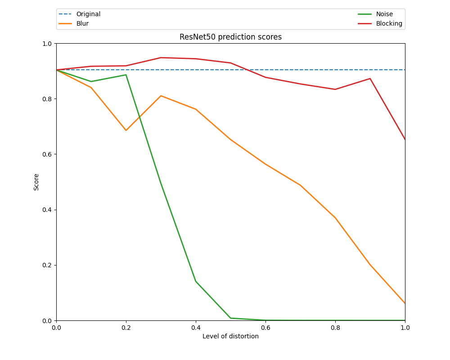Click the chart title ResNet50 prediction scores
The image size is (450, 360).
[230, 37]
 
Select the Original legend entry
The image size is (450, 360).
[88, 14]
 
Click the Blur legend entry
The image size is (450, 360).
[82, 23]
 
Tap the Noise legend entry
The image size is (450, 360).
[384, 14]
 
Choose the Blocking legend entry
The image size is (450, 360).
[389, 23]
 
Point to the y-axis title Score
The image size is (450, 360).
[36, 182]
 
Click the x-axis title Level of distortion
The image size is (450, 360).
[230, 336]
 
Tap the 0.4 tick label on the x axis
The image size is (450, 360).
[196, 328]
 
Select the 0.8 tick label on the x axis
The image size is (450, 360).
[335, 328]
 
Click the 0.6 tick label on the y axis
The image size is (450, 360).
[47, 154]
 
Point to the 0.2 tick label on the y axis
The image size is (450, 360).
[47, 265]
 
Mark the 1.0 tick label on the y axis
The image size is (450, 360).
[47, 44]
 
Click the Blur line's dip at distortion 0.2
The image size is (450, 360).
[126, 130]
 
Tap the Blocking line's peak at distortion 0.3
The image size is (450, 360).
[161, 58]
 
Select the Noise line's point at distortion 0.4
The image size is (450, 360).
[196, 281]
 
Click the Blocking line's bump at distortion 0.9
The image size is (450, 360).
[370, 79]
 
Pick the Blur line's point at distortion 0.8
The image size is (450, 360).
[335, 218]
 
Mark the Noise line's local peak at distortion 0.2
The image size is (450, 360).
[126, 75]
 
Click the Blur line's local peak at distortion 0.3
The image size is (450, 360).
[161, 95]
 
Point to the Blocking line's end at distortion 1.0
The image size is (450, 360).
[405, 139]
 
